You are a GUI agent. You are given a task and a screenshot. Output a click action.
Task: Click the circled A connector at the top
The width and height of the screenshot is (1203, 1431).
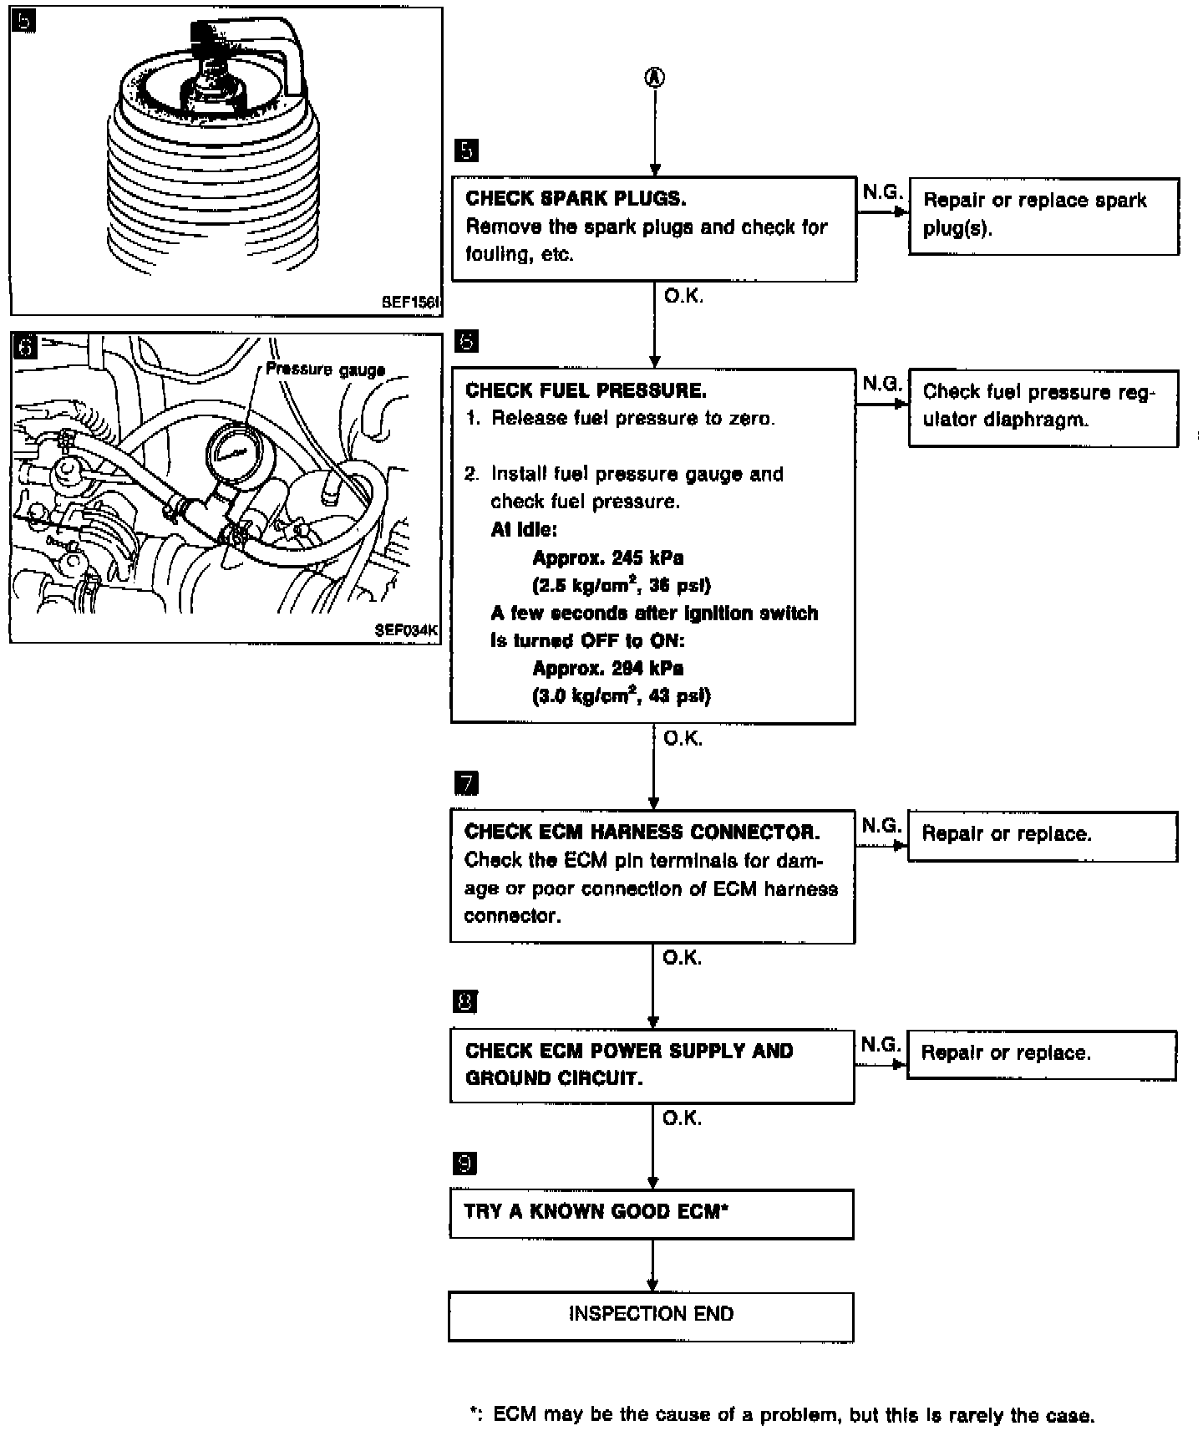pyautogui.click(x=654, y=77)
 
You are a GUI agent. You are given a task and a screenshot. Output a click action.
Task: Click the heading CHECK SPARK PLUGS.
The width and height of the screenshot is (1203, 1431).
pyautogui.click(x=576, y=199)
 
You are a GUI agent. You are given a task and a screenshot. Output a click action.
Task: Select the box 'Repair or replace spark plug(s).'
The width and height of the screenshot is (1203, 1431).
pyautogui.click(x=1043, y=216)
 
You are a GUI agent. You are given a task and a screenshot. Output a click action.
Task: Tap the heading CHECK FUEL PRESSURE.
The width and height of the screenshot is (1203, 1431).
pyautogui.click(x=586, y=390)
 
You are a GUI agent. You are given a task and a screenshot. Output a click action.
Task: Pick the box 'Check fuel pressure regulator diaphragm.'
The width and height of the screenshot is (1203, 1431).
pyautogui.click(x=1043, y=408)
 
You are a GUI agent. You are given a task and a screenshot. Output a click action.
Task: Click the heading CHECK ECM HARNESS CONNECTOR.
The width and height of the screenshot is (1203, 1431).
pyautogui.click(x=642, y=832)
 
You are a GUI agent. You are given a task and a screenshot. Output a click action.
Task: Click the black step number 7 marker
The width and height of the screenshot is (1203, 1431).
pyautogui.click(x=466, y=783)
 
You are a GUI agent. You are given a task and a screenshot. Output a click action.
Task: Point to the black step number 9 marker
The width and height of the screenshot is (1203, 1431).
pyautogui.click(x=465, y=1163)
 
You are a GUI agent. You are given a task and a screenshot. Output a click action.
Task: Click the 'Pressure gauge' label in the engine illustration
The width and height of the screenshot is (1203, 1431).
pyautogui.click(x=325, y=369)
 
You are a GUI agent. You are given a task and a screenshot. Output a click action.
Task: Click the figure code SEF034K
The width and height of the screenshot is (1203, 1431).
pyautogui.click(x=405, y=631)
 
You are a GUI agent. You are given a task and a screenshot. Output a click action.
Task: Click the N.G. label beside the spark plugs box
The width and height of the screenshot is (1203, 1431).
pyautogui.click(x=882, y=193)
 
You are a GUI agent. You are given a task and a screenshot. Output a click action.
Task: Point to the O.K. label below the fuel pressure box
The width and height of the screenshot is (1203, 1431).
pyautogui.click(x=683, y=738)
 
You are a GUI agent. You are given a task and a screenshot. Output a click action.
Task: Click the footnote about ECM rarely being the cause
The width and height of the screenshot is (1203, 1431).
pyautogui.click(x=782, y=1414)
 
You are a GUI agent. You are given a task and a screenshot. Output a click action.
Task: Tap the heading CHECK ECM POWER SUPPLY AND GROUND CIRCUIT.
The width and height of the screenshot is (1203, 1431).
pyautogui.click(x=628, y=1064)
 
